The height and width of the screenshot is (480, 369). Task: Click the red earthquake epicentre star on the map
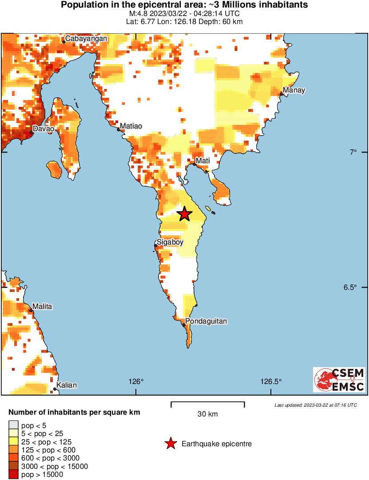185,214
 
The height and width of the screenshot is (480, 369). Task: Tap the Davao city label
44,129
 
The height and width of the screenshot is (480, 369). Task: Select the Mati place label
202,160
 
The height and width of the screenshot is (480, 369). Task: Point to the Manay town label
294,91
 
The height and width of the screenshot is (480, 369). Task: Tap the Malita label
43,307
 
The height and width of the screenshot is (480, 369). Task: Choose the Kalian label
67,385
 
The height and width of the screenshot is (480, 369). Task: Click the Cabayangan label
86,39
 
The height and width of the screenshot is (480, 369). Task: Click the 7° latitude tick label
353,152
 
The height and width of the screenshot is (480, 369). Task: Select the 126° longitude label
136,381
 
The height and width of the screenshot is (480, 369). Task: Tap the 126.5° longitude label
271,381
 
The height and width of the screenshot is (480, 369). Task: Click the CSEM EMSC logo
339,380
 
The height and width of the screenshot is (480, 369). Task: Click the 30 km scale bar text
207,414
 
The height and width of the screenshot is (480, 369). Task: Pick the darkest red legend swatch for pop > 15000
13,475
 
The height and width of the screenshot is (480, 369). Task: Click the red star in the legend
170,444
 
